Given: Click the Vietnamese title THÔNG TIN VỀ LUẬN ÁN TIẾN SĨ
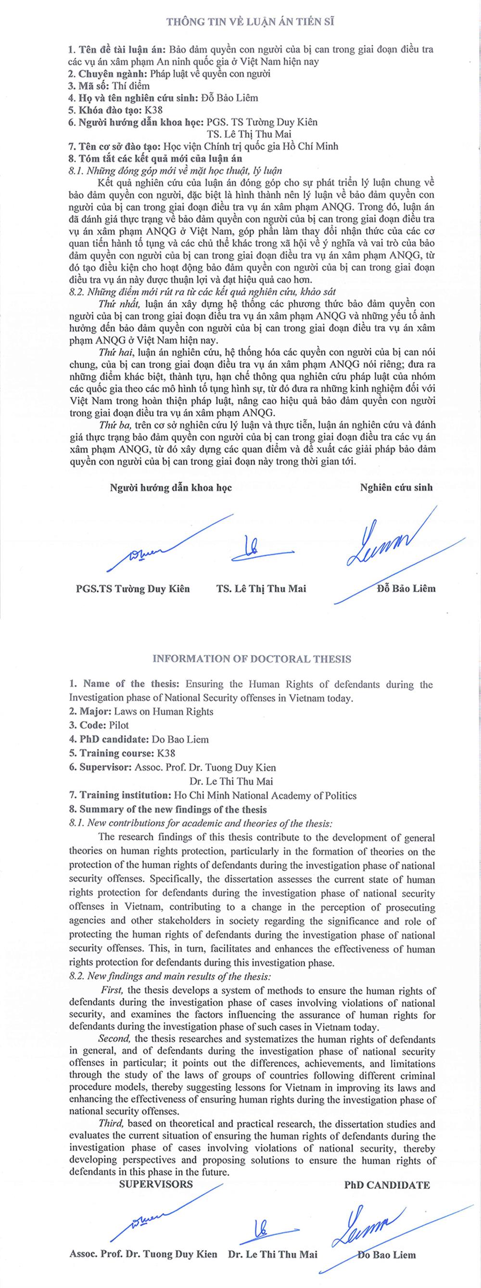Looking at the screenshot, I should pyautogui.click(x=250, y=22).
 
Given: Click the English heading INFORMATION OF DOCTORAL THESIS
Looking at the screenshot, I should pyautogui.click(x=252, y=658).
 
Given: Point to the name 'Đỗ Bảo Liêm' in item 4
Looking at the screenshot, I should pyautogui.click(x=229, y=98).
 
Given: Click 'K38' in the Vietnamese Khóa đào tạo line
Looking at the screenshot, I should pyautogui.click(x=153, y=110).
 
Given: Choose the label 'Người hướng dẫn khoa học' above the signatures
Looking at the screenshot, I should pyautogui.click(x=171, y=488).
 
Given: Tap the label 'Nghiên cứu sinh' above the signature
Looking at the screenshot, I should pyautogui.click(x=396, y=488).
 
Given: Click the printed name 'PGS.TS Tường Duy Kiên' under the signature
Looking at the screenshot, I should pyautogui.click(x=133, y=589).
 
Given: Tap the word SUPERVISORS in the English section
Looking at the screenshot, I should pyautogui.click(x=156, y=1184).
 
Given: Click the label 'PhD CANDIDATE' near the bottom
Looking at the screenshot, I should pyautogui.click(x=387, y=1185).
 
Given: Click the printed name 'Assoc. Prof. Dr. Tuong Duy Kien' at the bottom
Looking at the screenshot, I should pyautogui.click(x=143, y=1254).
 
